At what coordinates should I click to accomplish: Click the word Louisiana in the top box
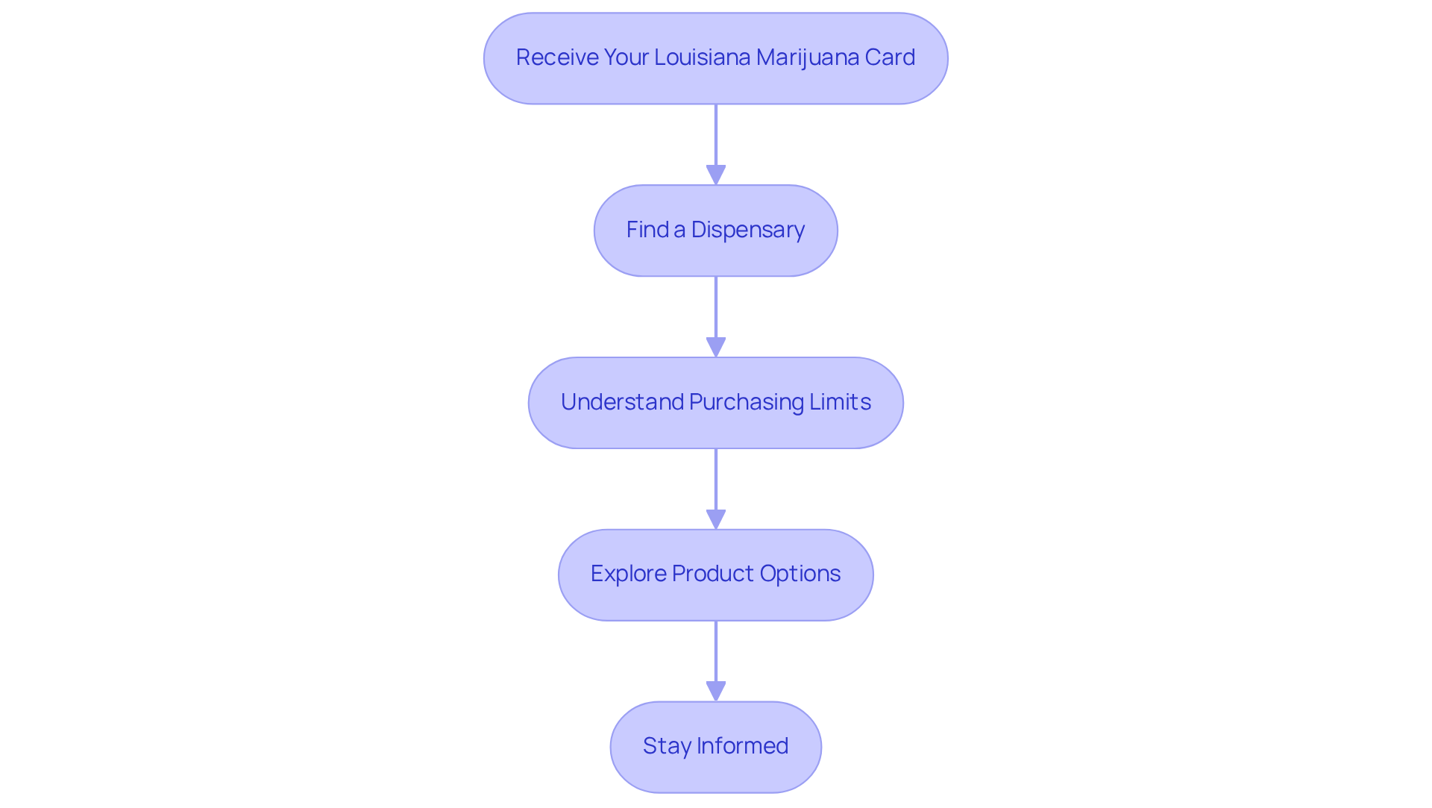(702, 57)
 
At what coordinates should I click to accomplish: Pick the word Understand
(622, 402)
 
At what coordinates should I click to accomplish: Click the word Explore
(628, 574)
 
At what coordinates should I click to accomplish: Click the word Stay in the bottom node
(666, 747)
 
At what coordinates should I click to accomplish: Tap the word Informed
(742, 746)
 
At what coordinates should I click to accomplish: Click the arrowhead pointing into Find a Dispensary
(716, 175)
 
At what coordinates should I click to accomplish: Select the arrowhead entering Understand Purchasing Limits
(716, 348)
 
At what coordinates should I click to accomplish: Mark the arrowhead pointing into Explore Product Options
(716, 520)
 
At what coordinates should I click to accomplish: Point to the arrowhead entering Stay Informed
(716, 692)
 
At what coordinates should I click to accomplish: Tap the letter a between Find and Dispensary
(680, 231)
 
